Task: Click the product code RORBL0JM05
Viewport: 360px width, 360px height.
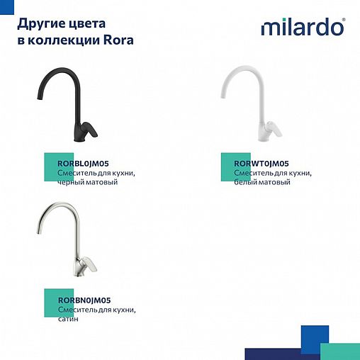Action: [82, 164]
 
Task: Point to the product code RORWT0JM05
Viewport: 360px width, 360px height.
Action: [261, 164]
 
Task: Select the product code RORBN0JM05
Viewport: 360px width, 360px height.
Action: [83, 300]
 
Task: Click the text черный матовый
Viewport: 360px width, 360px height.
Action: [86, 182]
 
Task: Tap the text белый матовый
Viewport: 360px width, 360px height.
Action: [261, 182]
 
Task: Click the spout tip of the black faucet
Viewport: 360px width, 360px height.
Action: [36, 104]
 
